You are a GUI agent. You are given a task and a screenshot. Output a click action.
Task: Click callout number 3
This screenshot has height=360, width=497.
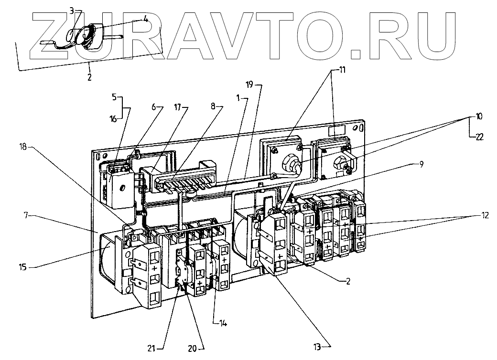pos(71,10)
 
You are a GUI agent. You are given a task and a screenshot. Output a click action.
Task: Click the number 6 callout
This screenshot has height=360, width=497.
pos(154,107)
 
